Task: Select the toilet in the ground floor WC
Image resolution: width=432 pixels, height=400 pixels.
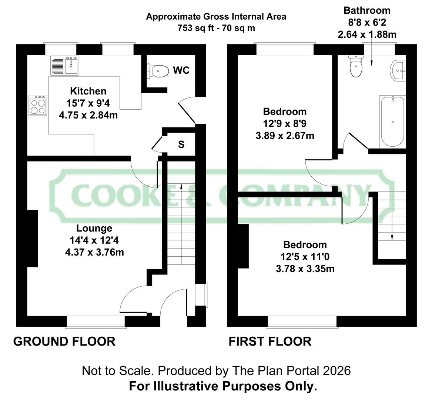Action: click(x=158, y=70)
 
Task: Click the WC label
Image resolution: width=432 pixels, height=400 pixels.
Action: click(x=181, y=70)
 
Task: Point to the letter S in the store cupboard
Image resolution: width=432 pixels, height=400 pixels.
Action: click(x=181, y=144)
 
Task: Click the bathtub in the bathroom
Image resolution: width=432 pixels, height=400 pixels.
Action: click(x=392, y=121)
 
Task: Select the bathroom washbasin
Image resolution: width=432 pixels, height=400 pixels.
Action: click(x=398, y=70)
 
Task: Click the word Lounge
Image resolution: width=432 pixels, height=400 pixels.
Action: click(x=94, y=229)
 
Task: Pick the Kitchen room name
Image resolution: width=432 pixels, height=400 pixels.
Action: click(x=88, y=91)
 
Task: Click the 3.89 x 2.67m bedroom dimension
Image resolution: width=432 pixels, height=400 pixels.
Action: click(x=285, y=136)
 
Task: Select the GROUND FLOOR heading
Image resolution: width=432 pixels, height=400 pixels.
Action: click(x=64, y=341)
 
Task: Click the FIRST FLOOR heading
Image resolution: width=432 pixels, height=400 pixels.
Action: click(x=270, y=341)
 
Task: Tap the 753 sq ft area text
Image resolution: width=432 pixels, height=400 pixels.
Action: click(x=216, y=28)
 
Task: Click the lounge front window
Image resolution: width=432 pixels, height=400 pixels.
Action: click(x=96, y=322)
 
